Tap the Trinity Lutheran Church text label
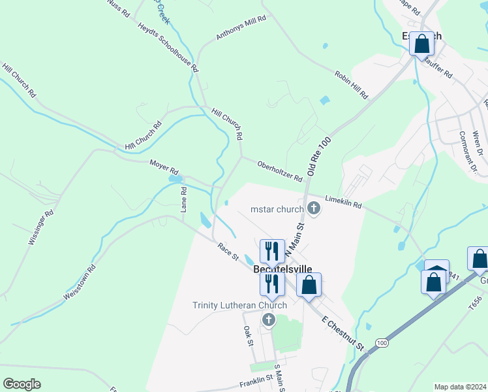pos(239,305)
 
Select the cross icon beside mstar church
pos(314,209)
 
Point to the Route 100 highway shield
pos(381,342)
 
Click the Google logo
pos(22,384)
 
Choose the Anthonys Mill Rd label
pos(241,28)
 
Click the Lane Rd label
pos(184,199)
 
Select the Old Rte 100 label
pos(320,156)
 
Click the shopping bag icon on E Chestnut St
pos(309,285)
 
